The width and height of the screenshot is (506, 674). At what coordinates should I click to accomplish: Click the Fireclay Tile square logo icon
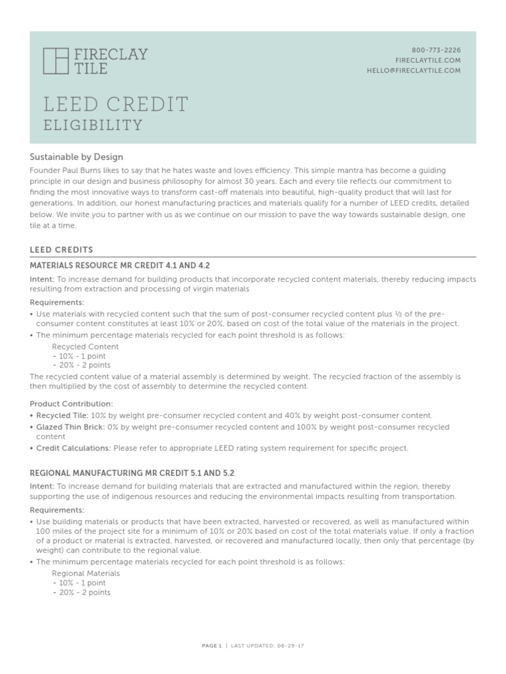pos(56,61)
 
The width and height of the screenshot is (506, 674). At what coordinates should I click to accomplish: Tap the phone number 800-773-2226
pos(436,50)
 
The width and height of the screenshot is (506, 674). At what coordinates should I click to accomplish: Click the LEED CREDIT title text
pos(116,104)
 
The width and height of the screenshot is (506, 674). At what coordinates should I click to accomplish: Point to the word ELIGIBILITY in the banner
pos(93,125)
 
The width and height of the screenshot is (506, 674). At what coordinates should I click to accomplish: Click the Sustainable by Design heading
pos(76,157)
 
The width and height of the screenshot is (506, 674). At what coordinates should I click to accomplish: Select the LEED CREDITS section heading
pos(61,250)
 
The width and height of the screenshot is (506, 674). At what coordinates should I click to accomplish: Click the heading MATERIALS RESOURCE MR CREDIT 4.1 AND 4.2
pos(120,265)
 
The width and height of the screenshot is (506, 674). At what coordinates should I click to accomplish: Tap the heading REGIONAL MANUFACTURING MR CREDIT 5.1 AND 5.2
pos(132,473)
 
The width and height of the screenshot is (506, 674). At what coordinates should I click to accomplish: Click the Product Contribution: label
pos(72,403)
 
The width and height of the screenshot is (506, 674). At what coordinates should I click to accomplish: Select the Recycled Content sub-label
pos(86,346)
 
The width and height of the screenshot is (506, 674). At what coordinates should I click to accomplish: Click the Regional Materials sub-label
pos(86,573)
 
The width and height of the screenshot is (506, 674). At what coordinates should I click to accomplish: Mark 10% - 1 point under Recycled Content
pos(78,355)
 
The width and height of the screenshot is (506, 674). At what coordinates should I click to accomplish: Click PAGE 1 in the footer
pos(211,646)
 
